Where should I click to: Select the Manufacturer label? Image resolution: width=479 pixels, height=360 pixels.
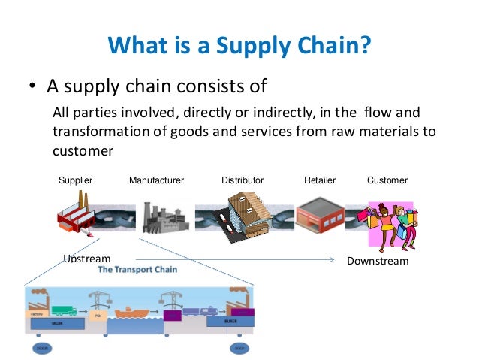156,180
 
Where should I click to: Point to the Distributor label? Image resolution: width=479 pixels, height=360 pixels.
243,180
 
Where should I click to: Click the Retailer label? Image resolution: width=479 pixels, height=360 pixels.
320,180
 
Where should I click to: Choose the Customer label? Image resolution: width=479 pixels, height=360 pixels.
387,180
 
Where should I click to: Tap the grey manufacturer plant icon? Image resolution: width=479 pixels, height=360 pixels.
161,217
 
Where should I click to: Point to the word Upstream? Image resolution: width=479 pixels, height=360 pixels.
87,259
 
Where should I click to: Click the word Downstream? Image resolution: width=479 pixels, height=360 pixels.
378,261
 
